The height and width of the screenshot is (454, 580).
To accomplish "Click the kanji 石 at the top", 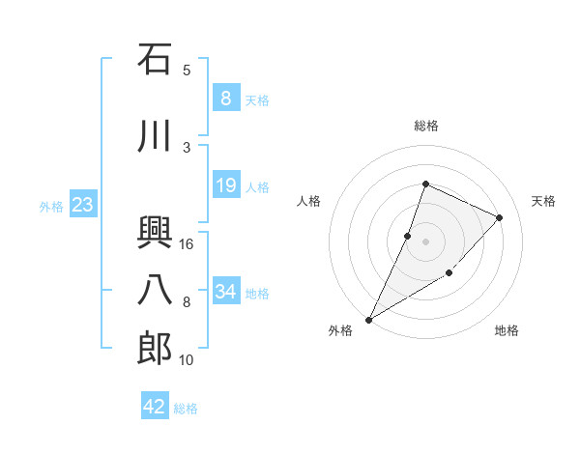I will pos(155,60).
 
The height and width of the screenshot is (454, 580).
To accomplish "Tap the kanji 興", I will pos(155,232).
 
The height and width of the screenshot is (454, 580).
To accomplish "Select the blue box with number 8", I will pos(225,98).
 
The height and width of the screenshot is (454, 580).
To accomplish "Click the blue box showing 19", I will pos(225,185).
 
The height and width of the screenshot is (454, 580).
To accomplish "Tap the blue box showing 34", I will pos(225,291).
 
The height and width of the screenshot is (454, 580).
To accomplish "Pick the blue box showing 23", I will pos(82,204).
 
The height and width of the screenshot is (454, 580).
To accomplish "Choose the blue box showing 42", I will pos(155,407).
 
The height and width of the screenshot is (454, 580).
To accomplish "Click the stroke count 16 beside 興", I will pos(187,244).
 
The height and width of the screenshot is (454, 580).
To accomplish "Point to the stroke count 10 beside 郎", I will pos(187,360).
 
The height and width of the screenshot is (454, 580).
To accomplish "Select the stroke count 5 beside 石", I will pos(187,70).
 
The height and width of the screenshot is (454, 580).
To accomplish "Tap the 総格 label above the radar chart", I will pos(426,126).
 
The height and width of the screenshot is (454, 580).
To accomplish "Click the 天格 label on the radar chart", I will pos(543,201).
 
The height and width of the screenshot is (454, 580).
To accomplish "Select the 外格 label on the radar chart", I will pos(340,330).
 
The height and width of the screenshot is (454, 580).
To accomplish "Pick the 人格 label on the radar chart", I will pos(309,201).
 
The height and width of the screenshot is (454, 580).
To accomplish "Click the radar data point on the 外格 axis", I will pos(368,319).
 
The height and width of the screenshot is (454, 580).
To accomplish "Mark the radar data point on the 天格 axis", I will pos(500,217).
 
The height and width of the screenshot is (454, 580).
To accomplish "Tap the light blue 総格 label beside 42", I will pos(186,409).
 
